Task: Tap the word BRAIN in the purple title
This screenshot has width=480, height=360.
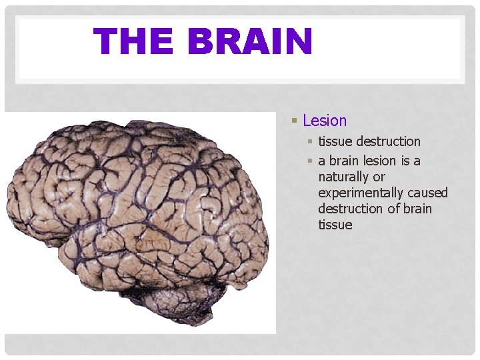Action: (250, 41)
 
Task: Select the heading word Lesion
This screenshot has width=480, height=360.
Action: (325, 121)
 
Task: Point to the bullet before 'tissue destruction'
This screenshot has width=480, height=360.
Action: (310, 141)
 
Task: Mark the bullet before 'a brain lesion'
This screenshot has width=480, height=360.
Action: (310, 161)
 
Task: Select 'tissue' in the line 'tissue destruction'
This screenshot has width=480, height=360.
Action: (335, 141)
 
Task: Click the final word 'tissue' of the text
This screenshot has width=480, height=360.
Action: (335, 225)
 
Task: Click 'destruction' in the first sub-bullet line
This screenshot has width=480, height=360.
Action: (389, 141)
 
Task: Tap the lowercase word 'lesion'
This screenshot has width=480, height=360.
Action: (381, 161)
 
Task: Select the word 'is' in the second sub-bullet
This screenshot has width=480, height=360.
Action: (406, 161)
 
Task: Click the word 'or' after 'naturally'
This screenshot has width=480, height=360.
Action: (379, 177)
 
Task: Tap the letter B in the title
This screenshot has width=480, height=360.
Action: (201, 41)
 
